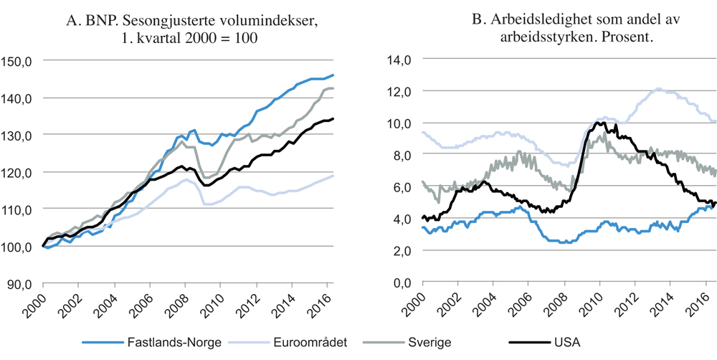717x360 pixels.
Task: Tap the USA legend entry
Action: coord(545,343)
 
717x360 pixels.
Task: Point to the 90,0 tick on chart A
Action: coord(19,284)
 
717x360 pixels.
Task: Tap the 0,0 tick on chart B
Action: coord(399,284)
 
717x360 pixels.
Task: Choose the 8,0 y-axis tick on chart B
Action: coord(399,156)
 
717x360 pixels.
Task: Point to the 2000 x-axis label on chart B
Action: coord(422,305)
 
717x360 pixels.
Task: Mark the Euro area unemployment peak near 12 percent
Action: coord(658,90)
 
